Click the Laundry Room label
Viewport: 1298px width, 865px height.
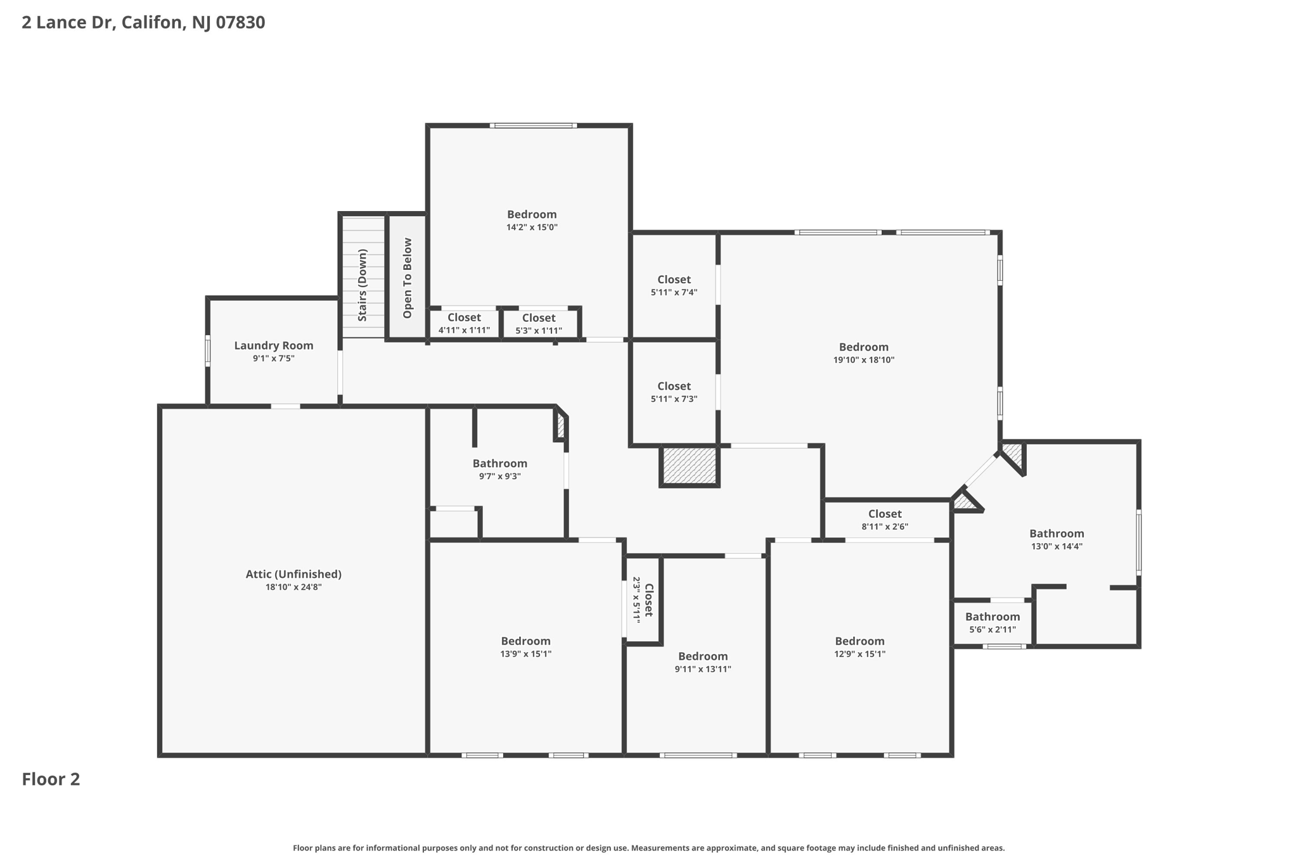(273, 345)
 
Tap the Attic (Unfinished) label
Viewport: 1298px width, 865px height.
(293, 574)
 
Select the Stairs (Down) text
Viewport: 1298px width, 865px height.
(363, 285)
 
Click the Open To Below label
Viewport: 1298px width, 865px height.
(408, 278)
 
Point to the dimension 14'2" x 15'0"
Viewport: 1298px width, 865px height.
(531, 227)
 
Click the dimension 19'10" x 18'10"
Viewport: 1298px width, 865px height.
(863, 360)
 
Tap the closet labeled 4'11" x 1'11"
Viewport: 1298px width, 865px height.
(464, 324)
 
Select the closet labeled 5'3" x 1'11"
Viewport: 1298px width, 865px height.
(539, 324)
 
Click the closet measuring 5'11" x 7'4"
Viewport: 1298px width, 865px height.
(674, 285)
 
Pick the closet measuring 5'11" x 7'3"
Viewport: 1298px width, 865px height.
(674, 392)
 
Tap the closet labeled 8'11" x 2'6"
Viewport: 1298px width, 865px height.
(885, 520)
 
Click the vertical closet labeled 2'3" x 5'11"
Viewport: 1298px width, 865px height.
(643, 599)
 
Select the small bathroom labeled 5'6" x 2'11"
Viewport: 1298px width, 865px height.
(992, 623)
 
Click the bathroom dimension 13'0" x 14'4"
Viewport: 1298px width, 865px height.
(1057, 546)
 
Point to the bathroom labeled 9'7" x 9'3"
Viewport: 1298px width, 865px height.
(499, 470)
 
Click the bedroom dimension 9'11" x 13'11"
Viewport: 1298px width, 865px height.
(702, 669)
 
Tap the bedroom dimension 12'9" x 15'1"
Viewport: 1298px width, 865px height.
(859, 654)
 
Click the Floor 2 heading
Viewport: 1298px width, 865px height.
(51, 779)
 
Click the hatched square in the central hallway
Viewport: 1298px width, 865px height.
(689, 466)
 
